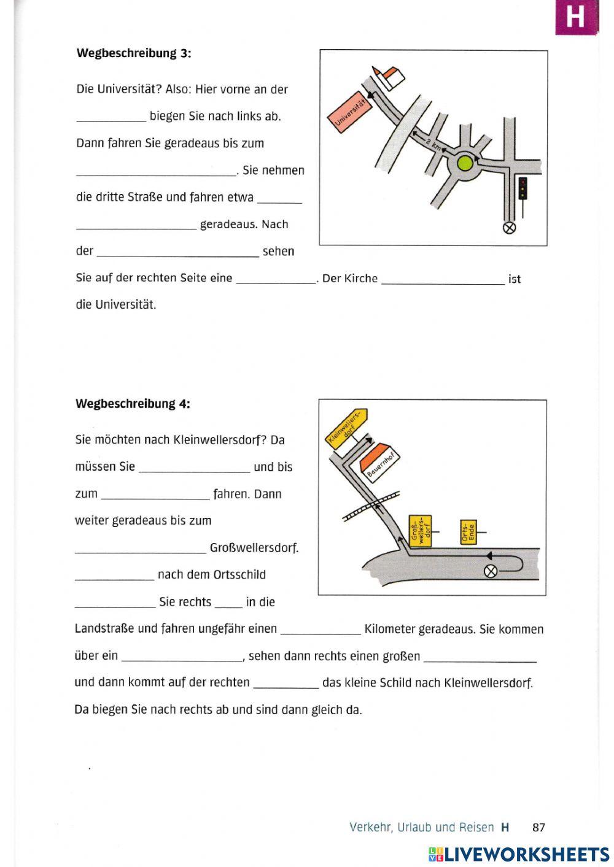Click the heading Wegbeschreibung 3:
tap(133, 53)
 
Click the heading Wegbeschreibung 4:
tap(133, 404)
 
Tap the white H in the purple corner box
tap(575, 17)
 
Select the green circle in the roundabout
tap(465, 163)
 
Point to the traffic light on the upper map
tap(523, 188)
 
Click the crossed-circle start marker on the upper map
tap(509, 228)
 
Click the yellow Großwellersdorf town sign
tap(420, 530)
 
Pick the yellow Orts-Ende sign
tap(468, 531)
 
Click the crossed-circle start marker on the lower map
tap(490, 571)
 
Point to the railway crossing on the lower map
tap(371, 506)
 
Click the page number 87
tap(538, 827)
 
